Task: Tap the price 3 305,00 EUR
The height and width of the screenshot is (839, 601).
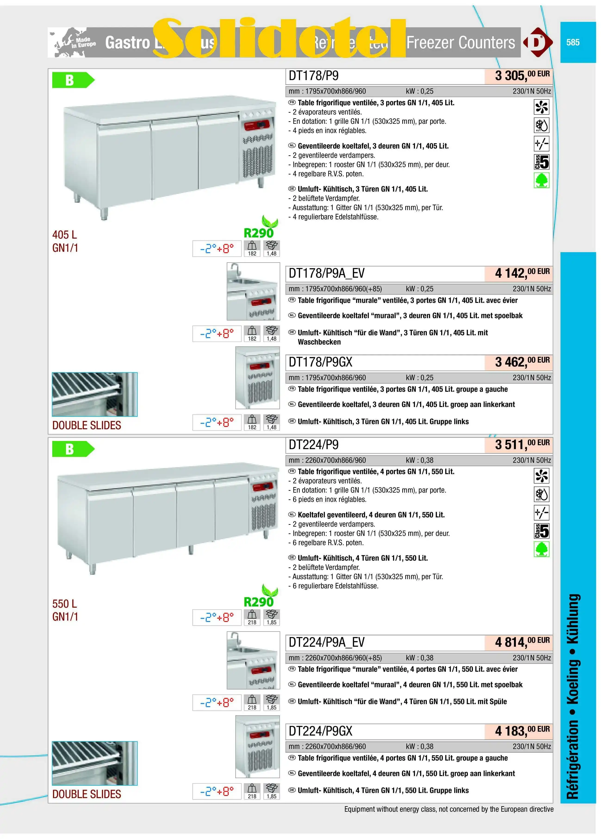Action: pyautogui.click(x=522, y=75)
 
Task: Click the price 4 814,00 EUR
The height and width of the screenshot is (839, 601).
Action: pyautogui.click(x=522, y=642)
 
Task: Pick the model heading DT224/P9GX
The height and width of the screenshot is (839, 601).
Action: pyautogui.click(x=320, y=731)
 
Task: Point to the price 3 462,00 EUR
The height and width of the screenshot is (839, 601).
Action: pyautogui.click(x=522, y=362)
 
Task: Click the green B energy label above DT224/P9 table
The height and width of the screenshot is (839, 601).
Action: pyautogui.click(x=72, y=449)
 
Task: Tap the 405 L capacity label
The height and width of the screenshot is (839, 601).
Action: pyautogui.click(x=65, y=235)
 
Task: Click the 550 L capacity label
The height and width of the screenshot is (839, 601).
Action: pyautogui.click(x=65, y=604)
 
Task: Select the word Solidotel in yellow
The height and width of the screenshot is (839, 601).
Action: pyautogui.click(x=279, y=39)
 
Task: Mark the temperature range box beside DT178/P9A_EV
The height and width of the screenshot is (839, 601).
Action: pyautogui.click(x=217, y=334)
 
